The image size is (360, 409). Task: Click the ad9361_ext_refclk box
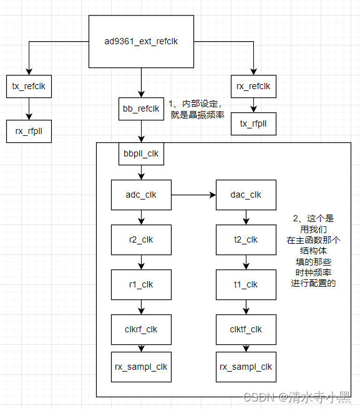[141, 41]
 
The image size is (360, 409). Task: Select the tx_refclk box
[29, 86]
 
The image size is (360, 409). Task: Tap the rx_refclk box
[253, 86]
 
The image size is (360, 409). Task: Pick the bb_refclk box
[141, 108]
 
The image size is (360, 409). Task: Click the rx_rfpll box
[29, 131]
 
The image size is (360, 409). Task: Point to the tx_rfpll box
[253, 123]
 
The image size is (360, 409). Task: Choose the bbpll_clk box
[141, 153]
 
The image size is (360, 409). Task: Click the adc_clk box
[141, 195]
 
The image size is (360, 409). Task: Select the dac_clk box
[246, 195]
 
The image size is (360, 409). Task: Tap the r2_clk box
[141, 239]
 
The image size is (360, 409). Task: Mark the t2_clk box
[246, 239]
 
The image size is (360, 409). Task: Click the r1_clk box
[141, 284]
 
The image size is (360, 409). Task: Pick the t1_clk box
[246, 284]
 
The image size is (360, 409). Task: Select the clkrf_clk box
[141, 329]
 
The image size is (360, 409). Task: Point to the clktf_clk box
[246, 329]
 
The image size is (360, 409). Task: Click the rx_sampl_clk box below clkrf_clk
[141, 367]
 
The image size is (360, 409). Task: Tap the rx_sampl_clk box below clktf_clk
[246, 367]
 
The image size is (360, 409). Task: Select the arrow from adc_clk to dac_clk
[193, 195]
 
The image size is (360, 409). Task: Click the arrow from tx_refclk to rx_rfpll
[29, 108]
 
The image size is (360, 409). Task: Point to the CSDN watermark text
[297, 397]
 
